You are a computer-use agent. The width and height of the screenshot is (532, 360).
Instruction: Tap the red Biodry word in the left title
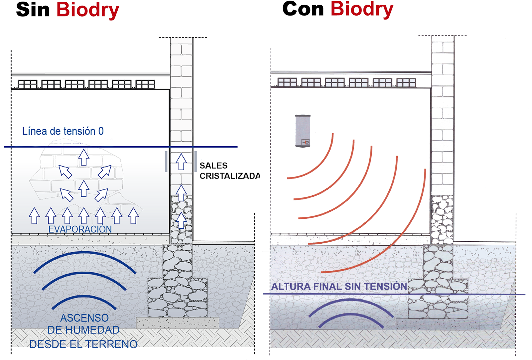[x=87, y=10]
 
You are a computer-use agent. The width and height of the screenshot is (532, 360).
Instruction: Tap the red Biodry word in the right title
[x=362, y=9]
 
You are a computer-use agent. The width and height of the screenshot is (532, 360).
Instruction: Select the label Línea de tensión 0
[x=63, y=131]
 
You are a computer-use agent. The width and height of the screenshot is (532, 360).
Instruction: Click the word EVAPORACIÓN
[x=80, y=229]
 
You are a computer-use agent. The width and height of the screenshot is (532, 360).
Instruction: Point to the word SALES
[x=213, y=166]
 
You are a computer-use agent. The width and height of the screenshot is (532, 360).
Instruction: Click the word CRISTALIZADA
[x=229, y=176]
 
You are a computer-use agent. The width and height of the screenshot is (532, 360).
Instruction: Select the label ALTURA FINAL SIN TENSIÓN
[x=339, y=287]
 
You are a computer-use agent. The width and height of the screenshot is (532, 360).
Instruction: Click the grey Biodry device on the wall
[x=303, y=131]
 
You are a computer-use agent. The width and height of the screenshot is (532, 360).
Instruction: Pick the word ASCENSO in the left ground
[x=84, y=318]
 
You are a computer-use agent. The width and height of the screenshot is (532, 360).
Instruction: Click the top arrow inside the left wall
[x=181, y=162]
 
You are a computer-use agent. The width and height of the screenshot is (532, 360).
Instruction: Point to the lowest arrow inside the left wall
[x=181, y=220]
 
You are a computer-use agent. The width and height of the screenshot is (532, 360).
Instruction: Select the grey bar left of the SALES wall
[x=166, y=162]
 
